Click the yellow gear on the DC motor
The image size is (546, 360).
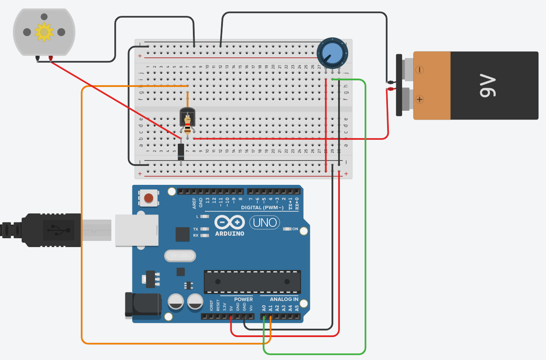pyautogui.click(x=44, y=32)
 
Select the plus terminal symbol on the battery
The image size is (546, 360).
pyautogui.click(x=419, y=99)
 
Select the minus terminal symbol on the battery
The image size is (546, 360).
pyautogui.click(x=419, y=70)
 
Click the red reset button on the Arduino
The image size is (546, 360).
pyautogui.click(x=149, y=198)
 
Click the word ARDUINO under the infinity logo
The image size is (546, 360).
pyautogui.click(x=229, y=233)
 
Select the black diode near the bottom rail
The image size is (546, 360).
pyautogui.click(x=181, y=151)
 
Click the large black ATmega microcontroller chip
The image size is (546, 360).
pyautogui.click(x=252, y=281)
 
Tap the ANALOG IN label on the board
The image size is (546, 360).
pyautogui.click(x=284, y=299)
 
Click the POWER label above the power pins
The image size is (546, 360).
pyautogui.click(x=243, y=299)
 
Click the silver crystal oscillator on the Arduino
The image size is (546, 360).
pyautogui.click(x=180, y=255)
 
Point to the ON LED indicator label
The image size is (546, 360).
pyautogui.click(x=295, y=229)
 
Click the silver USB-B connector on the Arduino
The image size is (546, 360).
pyautogui.click(x=137, y=230)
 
